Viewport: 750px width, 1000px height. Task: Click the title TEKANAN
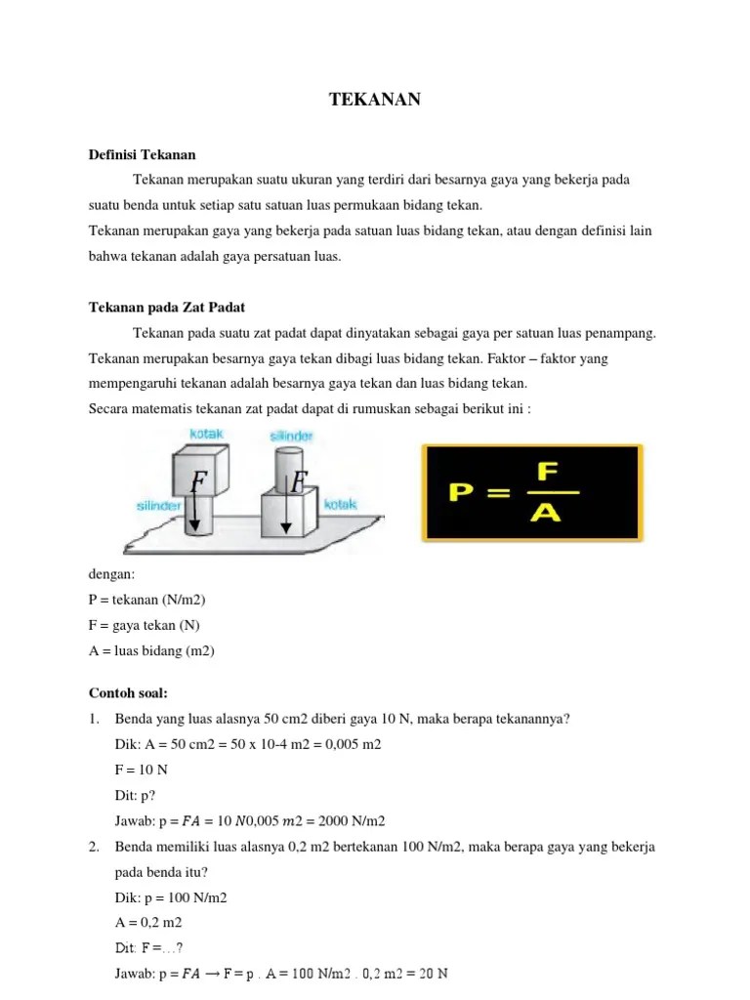click(375, 100)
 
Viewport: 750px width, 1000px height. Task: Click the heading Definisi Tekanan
click(143, 155)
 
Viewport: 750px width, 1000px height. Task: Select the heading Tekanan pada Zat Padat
click(167, 308)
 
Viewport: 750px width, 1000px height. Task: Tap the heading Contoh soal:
click(128, 693)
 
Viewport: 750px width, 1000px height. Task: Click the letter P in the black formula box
click(462, 492)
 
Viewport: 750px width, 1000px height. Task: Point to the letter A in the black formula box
click(546, 512)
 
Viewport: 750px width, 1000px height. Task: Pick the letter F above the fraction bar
click(548, 472)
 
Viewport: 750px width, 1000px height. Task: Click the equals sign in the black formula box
click(498, 492)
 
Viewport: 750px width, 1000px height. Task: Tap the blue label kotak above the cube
click(207, 434)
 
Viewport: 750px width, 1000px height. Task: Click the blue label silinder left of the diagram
click(159, 506)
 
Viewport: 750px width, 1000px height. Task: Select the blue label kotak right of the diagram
click(341, 505)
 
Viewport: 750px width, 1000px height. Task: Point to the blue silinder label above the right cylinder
click(291, 437)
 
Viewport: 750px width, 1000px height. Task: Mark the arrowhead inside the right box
click(286, 527)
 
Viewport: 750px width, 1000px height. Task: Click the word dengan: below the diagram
click(111, 574)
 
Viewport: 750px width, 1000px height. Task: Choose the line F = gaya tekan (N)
click(145, 626)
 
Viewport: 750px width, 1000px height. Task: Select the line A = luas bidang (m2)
click(151, 651)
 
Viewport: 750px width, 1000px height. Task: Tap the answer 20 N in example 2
click(434, 974)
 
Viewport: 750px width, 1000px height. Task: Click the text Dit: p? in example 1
click(135, 796)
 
